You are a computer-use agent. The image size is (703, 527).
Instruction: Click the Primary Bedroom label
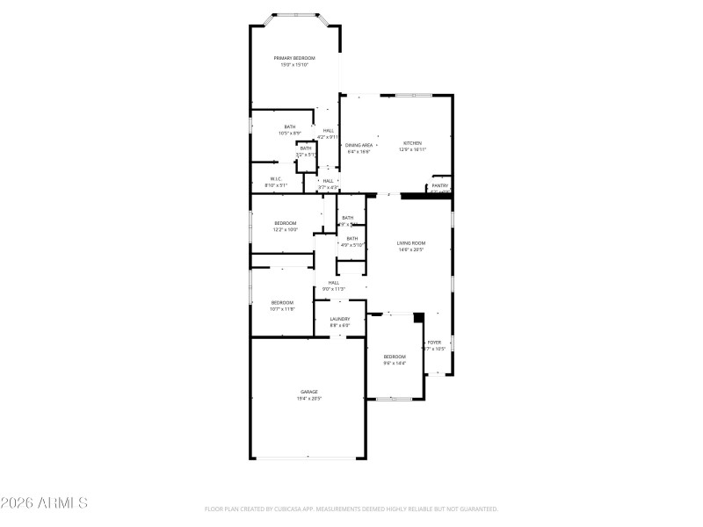(x=294, y=58)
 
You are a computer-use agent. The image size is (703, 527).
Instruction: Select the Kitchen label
(x=412, y=143)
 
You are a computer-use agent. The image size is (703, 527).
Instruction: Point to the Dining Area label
(x=359, y=145)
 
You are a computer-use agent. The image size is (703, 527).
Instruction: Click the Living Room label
(x=411, y=242)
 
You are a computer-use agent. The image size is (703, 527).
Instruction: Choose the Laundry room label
(x=340, y=319)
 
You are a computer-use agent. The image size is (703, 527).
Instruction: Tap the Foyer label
(x=434, y=343)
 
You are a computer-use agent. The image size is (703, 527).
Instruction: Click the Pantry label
(x=440, y=186)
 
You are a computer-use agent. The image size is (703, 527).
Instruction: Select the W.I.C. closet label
(x=276, y=179)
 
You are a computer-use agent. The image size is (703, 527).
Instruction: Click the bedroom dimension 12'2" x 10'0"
(x=286, y=230)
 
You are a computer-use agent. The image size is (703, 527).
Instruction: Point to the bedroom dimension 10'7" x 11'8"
(x=282, y=309)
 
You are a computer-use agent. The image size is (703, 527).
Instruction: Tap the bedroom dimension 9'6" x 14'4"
(x=395, y=363)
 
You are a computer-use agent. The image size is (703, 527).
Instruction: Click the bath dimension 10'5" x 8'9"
(x=290, y=134)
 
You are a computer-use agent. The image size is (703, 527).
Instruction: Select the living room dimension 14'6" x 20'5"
(x=411, y=249)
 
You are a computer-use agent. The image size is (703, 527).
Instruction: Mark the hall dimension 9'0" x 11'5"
(x=334, y=289)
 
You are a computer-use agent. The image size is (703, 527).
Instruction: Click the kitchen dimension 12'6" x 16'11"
(x=412, y=150)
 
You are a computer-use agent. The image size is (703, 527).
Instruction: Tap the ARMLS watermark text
(x=44, y=503)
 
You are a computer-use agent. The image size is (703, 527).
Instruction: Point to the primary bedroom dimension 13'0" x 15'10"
(x=294, y=65)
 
